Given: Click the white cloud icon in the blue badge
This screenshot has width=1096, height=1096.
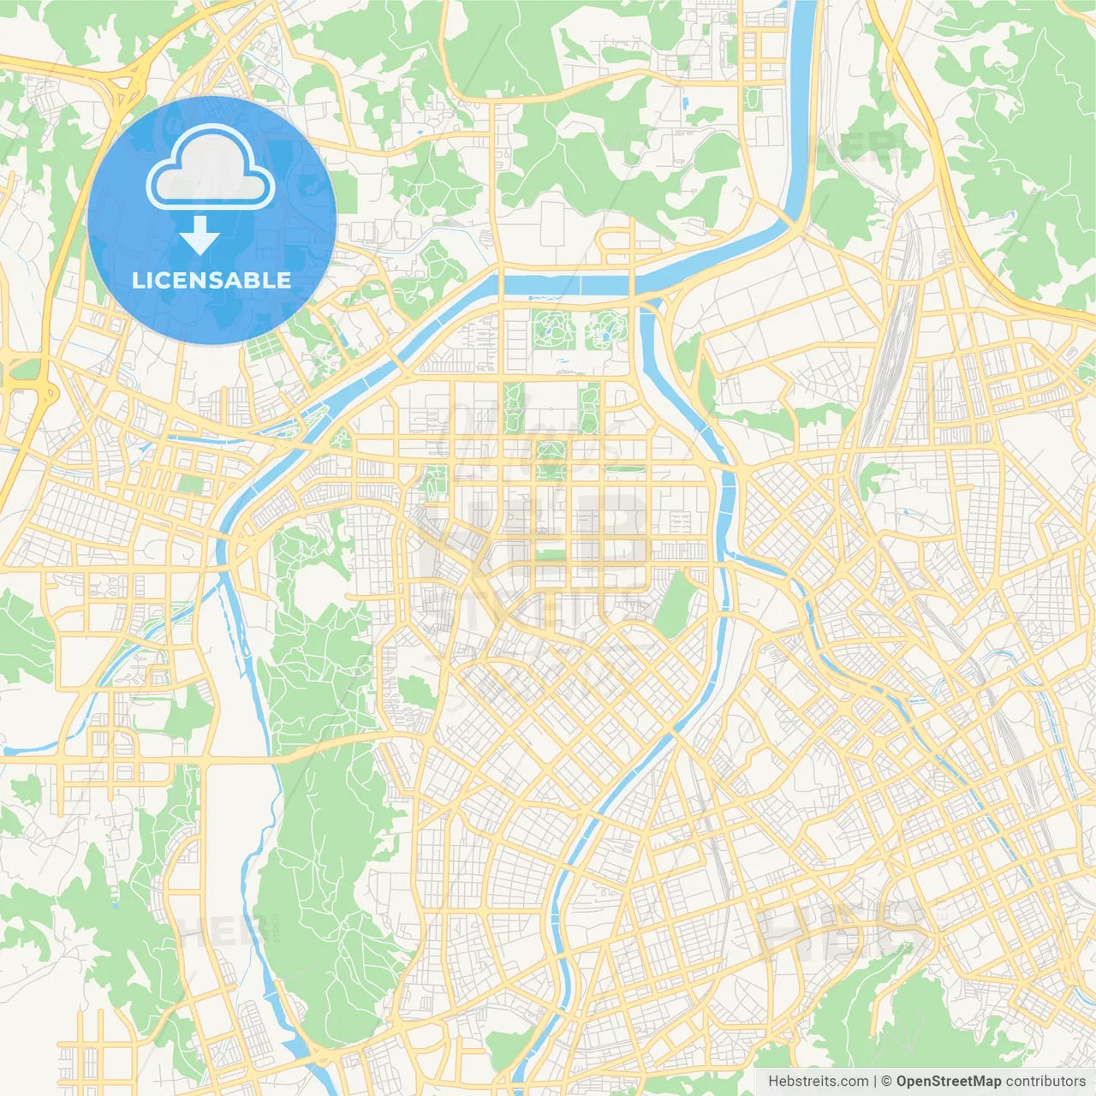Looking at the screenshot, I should point(211,168).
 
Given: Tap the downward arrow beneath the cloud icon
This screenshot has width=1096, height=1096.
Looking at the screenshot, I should point(200,235).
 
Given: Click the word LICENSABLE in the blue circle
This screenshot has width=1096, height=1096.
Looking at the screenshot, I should point(211,280).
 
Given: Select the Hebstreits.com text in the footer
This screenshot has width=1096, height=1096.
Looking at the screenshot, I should point(818,1081).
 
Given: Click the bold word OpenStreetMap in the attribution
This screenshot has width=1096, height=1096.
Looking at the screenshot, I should point(948,1081).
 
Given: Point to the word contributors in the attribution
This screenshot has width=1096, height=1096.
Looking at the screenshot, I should point(1045,1081).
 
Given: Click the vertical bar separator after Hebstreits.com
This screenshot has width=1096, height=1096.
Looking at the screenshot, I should point(875,1081).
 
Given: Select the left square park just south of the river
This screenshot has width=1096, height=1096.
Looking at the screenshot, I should point(553,330).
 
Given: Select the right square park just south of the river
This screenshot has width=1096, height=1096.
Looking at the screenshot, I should point(606,330).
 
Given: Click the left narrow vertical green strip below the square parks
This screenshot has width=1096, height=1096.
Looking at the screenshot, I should point(513,408).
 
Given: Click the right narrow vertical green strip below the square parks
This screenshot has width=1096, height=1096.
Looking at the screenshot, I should point(589,408).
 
